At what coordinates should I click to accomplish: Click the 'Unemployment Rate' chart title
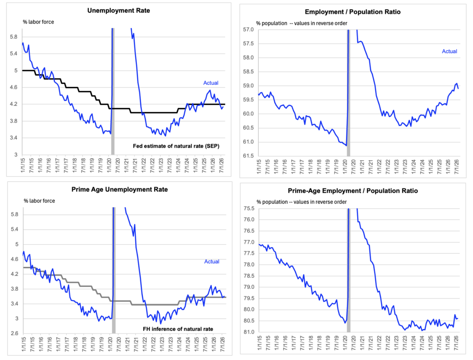click(119, 11)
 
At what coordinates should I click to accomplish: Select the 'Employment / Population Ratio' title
click(352, 12)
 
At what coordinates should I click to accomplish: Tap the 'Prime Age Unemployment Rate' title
click(120, 189)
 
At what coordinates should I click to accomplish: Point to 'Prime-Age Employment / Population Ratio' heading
click(352, 191)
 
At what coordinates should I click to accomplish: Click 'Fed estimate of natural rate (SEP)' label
click(176, 146)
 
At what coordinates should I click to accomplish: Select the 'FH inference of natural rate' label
click(178, 329)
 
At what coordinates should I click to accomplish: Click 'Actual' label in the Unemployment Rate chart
click(211, 83)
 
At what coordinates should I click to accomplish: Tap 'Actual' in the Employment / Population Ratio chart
click(449, 51)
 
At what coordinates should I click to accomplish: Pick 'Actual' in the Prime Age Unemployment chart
click(212, 261)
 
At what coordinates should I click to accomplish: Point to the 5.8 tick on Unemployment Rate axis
click(14, 37)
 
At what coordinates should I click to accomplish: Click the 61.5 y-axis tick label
click(249, 156)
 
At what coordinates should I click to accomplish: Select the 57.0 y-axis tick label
click(249, 30)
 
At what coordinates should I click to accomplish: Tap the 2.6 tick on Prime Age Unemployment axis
click(15, 333)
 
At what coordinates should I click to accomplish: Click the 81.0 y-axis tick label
click(249, 332)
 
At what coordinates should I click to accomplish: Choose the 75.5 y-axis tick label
click(249, 208)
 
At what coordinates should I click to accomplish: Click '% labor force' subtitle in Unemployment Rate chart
click(38, 22)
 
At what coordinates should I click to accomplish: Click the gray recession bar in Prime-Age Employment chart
click(349, 270)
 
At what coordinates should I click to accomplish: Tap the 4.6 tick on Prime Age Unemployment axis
click(15, 259)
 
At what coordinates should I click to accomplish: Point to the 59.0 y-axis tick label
click(249, 86)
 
